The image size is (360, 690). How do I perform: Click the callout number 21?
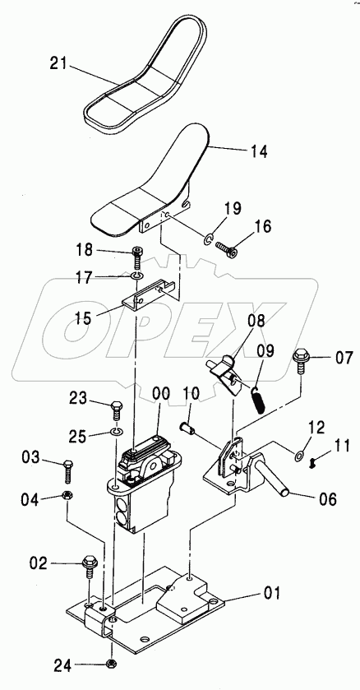click(x=58, y=64)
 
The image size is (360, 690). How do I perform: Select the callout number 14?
click(x=259, y=152)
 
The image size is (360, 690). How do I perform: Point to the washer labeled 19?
click(x=208, y=239)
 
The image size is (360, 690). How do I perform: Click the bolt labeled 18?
click(x=137, y=259)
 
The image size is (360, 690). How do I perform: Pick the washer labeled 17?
click(x=136, y=276)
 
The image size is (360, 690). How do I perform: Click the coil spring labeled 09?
click(x=259, y=400)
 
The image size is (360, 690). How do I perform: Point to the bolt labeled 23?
click(x=117, y=410)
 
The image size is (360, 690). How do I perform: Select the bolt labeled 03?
click(x=68, y=470)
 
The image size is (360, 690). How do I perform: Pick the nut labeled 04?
click(x=67, y=495)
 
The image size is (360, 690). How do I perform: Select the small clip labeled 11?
click(x=312, y=462)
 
